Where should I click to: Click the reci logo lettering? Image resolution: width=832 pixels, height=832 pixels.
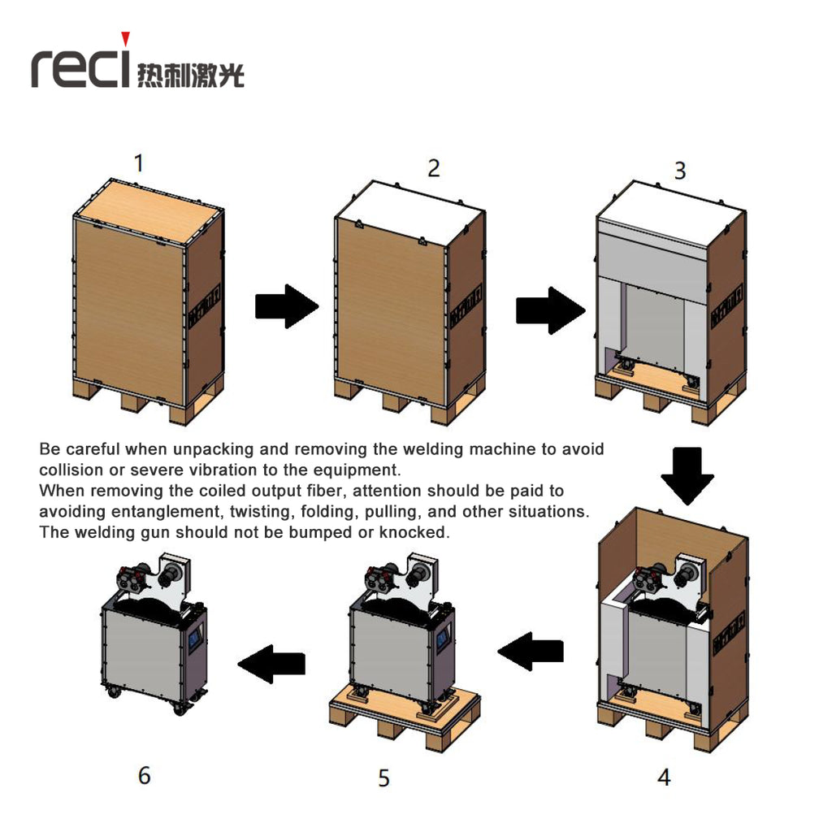[80, 67]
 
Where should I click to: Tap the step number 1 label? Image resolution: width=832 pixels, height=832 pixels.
[139, 163]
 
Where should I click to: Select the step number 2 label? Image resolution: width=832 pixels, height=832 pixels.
[434, 168]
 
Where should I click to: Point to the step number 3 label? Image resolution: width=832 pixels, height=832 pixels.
[680, 171]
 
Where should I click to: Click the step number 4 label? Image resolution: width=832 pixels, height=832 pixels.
[664, 777]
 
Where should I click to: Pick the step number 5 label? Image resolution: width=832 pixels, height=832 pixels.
[383, 778]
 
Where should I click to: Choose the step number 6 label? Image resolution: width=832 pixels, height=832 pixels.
[144, 775]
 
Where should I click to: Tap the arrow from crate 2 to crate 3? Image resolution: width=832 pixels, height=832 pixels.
[549, 310]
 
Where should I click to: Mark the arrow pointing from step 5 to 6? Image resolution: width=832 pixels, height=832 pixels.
[271, 664]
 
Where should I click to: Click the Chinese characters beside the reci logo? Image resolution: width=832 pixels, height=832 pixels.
[191, 74]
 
